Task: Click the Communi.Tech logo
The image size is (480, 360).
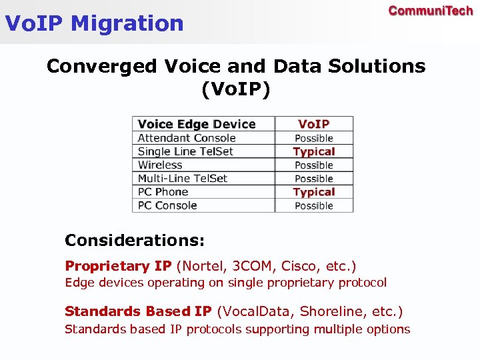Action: tap(430, 11)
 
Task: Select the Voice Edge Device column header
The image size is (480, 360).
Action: tap(197, 124)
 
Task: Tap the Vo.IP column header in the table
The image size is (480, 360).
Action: tap(313, 124)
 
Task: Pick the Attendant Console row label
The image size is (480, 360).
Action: tap(187, 138)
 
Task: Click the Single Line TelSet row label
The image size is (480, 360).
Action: tap(185, 151)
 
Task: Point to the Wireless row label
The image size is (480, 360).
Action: tap(160, 165)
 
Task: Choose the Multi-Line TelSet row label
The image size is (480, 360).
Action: tap(183, 178)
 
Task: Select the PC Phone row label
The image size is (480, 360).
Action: tap(163, 192)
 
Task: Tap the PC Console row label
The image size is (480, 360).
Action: tap(167, 205)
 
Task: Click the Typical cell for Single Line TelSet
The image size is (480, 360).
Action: tap(313, 151)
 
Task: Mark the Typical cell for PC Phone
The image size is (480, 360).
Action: tap(313, 192)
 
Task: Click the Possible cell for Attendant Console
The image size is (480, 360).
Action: tap(313, 138)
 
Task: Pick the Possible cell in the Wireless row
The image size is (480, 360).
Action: tap(313, 165)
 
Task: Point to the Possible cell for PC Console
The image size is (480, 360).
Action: tap(313, 205)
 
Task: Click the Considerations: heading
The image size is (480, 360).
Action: tap(135, 239)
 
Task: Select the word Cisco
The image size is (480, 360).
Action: tap(299, 266)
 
